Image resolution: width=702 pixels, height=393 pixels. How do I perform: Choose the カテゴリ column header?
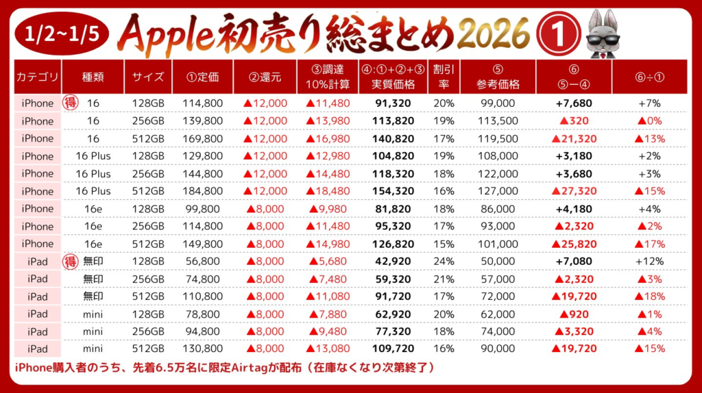38,77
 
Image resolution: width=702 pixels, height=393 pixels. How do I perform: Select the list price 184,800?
203,191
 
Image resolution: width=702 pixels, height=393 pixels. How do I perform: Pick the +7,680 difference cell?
573,103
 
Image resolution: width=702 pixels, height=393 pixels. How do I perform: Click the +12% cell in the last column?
651,261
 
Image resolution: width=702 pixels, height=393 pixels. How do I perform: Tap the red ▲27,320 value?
573,191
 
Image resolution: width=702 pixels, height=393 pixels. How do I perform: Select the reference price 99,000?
498,103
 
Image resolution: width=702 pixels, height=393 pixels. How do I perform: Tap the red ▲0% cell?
651,121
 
